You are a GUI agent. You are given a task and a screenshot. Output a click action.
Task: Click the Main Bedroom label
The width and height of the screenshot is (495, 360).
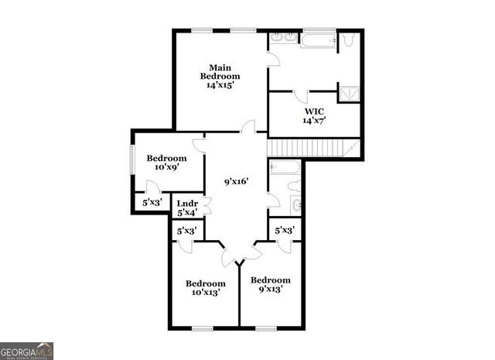(x=220, y=76)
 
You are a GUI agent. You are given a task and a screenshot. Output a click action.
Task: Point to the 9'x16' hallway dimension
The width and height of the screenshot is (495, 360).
(x=236, y=182)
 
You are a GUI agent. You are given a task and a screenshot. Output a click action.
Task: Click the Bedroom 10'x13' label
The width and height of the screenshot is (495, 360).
(x=205, y=288)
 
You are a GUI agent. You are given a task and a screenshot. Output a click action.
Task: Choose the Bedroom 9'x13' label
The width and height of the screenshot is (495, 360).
(x=271, y=284)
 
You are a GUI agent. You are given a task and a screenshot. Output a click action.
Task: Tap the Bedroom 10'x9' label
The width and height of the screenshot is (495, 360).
(x=166, y=163)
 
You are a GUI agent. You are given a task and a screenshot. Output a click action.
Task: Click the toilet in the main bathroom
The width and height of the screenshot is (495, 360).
(x=349, y=39)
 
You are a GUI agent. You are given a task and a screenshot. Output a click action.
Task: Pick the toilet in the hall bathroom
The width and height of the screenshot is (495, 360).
(x=295, y=186)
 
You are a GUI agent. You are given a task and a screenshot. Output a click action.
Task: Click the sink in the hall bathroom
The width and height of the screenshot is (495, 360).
(x=296, y=204)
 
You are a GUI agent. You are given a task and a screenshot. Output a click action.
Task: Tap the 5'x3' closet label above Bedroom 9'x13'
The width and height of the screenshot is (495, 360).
(x=285, y=230)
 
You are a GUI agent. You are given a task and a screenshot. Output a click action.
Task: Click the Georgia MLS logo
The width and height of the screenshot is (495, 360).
(x=27, y=350)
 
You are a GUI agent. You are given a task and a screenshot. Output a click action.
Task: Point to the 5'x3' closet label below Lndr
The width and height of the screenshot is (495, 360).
(x=186, y=231)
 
